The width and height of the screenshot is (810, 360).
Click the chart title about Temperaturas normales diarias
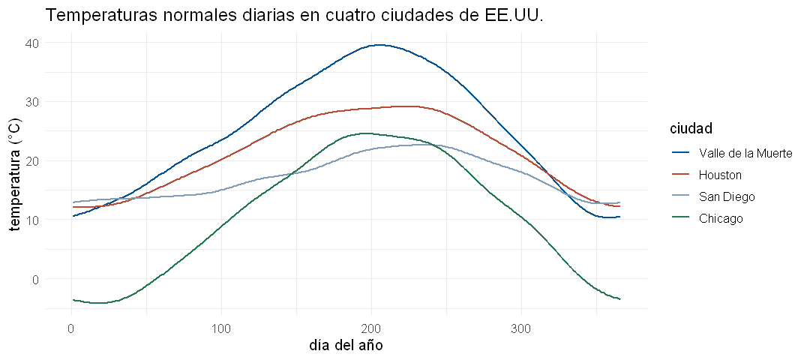tap(295, 16)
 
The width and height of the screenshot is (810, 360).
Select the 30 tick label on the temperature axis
tap(31, 102)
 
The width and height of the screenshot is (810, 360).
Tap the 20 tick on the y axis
tap(31, 160)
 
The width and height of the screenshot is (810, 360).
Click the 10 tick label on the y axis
tap(31, 220)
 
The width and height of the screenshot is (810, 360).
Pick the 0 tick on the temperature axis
tap(35, 279)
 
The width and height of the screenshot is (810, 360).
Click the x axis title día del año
tap(346, 344)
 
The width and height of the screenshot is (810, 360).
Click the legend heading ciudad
tap(689, 128)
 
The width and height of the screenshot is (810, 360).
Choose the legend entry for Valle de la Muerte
tap(730, 153)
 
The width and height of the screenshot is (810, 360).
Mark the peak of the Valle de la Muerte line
tap(379, 45)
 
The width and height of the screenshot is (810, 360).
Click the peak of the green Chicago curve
tap(364, 133)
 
